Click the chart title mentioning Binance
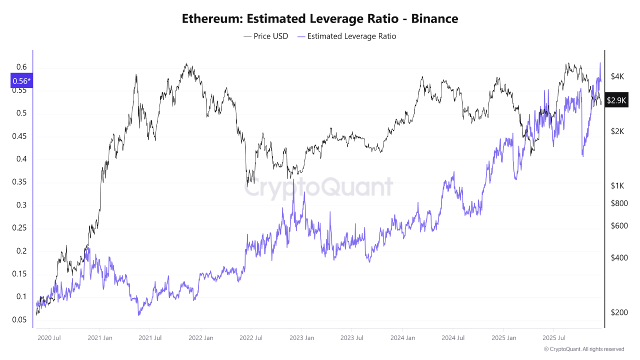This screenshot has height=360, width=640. point(320,19)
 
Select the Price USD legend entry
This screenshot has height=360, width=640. point(265,36)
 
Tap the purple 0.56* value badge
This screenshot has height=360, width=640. point(21,81)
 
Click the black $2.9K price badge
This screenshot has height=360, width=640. point(616,100)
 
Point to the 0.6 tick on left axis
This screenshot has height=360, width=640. point(20,67)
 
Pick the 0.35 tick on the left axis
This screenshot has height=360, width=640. point(18,182)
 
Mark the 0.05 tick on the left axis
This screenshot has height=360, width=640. point(18,320)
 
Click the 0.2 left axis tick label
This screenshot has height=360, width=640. point(20,251)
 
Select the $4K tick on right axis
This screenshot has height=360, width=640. point(617,76)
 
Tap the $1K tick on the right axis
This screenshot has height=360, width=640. point(617,185)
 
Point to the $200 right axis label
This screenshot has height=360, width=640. point(619,312)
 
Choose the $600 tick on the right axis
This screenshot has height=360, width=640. point(619,225)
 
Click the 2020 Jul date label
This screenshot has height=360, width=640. point(49,338)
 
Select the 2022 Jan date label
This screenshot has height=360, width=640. point(201,338)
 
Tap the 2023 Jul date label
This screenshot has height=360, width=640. point(352,338)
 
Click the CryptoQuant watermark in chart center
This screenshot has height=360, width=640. point(319,188)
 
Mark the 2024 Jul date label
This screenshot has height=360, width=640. point(453,338)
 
